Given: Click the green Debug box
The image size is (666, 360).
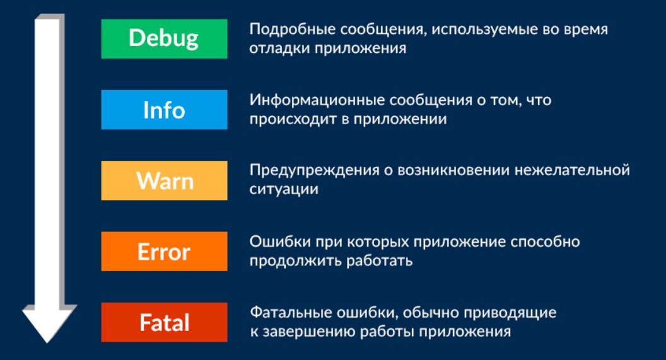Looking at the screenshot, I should click(x=164, y=38).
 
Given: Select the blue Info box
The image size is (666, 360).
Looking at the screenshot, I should click(x=164, y=110).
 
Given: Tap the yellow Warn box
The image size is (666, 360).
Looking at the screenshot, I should click(x=164, y=181).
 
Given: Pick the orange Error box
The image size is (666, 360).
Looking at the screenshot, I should click(x=164, y=252).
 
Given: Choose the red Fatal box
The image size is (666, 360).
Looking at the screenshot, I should click(x=164, y=322).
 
